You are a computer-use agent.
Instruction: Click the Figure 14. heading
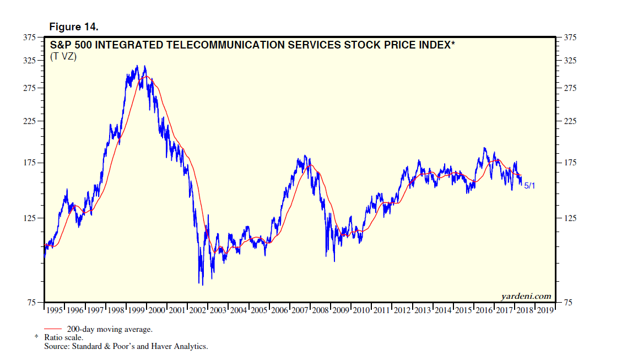74,26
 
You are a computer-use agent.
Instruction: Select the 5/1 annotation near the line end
529,186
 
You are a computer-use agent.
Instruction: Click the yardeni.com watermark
526,297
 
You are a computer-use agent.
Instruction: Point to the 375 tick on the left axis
29,37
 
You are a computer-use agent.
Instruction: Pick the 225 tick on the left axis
29,121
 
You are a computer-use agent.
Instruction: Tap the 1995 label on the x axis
55,311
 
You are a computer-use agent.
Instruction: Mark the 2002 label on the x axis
197,311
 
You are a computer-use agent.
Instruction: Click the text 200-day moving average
110,329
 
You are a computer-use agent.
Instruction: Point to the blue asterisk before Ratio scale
36,336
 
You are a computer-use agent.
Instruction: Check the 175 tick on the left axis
29,163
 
